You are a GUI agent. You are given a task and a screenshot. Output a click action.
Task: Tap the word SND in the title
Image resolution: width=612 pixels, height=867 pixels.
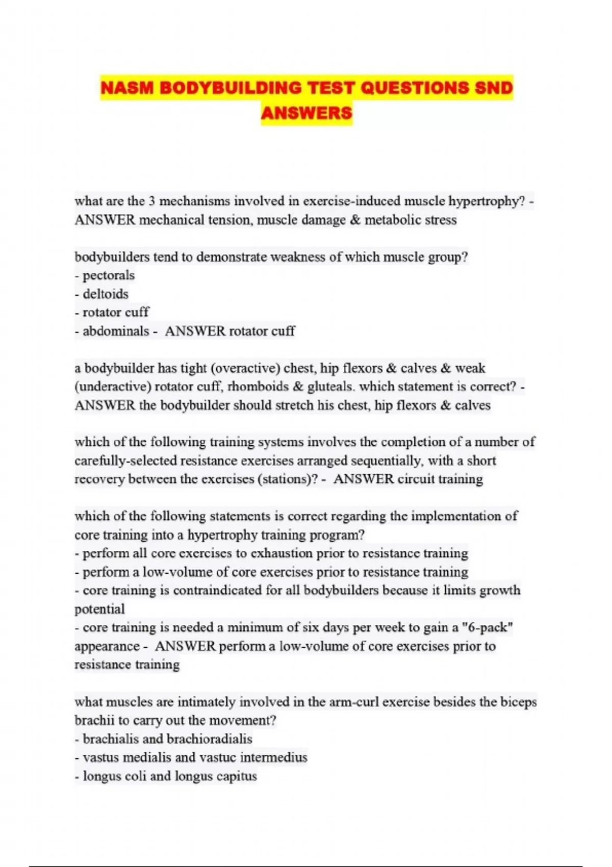tap(493, 88)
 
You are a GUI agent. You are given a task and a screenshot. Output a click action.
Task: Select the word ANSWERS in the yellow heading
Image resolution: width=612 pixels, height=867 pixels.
tap(307, 113)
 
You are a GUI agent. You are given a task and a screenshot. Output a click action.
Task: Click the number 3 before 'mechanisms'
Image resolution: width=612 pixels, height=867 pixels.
tap(151, 201)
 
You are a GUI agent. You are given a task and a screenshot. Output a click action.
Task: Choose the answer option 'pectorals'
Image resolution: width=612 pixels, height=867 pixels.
tap(109, 275)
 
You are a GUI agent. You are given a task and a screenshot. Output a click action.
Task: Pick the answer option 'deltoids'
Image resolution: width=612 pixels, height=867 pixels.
tap(106, 294)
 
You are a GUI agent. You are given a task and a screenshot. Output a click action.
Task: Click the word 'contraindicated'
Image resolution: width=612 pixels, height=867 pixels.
tap(218, 591)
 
